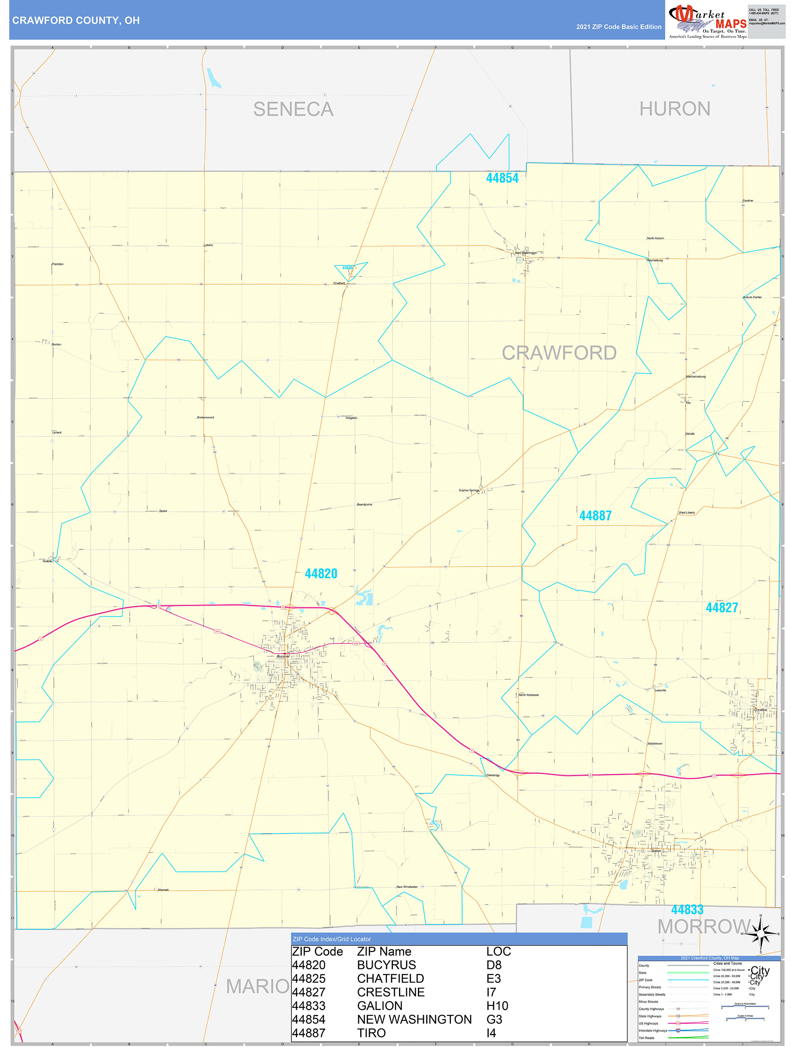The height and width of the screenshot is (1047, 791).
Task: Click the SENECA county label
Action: tap(293, 110)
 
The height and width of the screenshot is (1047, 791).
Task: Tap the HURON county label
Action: tap(675, 109)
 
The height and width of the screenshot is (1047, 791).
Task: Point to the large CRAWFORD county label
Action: tap(559, 353)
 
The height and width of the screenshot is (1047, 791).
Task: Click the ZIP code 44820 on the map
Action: tap(321, 574)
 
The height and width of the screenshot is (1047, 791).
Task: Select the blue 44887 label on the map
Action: tap(596, 515)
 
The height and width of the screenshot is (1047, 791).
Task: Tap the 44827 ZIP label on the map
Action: tap(721, 607)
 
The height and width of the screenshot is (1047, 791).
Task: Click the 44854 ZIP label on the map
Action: tap(502, 178)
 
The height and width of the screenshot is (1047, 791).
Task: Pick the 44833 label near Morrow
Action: tap(687, 909)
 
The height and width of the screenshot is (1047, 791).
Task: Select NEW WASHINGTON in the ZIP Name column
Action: tap(414, 1019)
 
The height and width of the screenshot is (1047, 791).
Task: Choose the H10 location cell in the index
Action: tap(497, 1006)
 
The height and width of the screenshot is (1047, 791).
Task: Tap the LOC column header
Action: tap(498, 952)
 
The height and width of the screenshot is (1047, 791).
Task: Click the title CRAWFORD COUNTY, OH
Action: tap(76, 21)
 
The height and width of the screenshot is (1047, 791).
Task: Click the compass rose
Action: tap(761, 933)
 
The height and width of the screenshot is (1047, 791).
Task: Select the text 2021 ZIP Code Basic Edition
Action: tap(619, 27)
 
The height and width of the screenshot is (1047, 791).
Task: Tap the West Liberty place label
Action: tap(686, 513)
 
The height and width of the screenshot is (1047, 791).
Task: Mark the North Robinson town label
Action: tap(528, 695)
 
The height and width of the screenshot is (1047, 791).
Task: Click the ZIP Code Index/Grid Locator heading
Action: tap(332, 939)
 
